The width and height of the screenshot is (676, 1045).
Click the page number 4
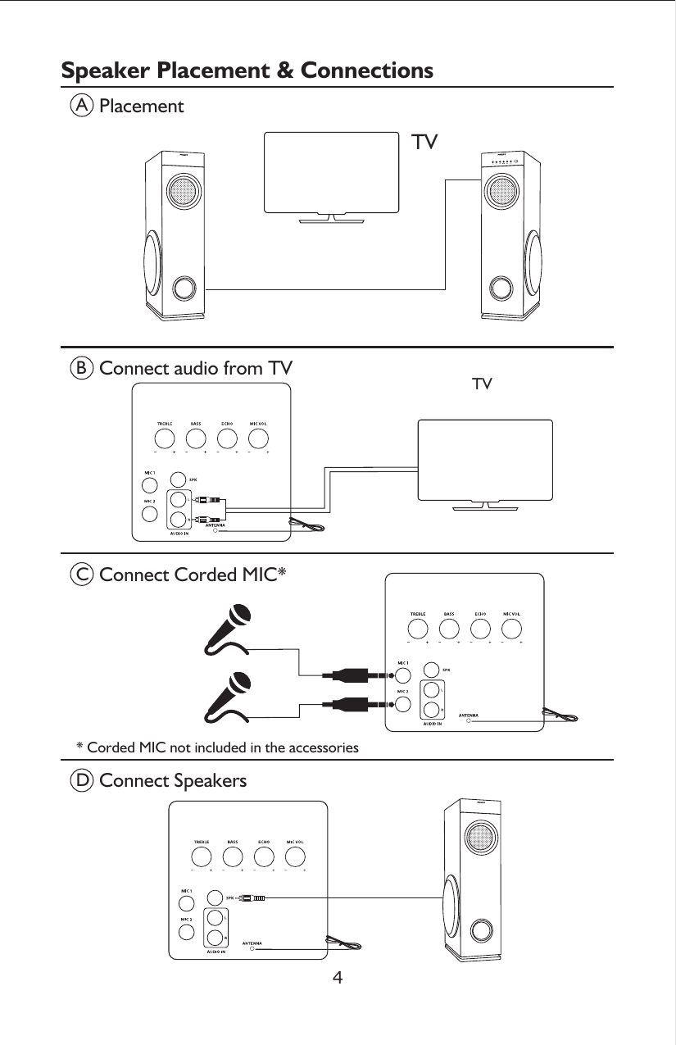pos(338,978)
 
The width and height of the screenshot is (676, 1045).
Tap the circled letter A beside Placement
pos(80,107)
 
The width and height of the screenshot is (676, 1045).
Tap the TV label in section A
pos(424,143)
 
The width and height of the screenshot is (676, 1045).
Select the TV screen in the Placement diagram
pos(331,171)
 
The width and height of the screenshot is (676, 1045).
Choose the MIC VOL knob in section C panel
pos(512,629)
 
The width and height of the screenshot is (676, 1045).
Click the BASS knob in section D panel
pos(233,856)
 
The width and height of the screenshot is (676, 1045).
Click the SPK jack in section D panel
pos(214,899)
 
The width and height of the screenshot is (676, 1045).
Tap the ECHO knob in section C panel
pos(480,629)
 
